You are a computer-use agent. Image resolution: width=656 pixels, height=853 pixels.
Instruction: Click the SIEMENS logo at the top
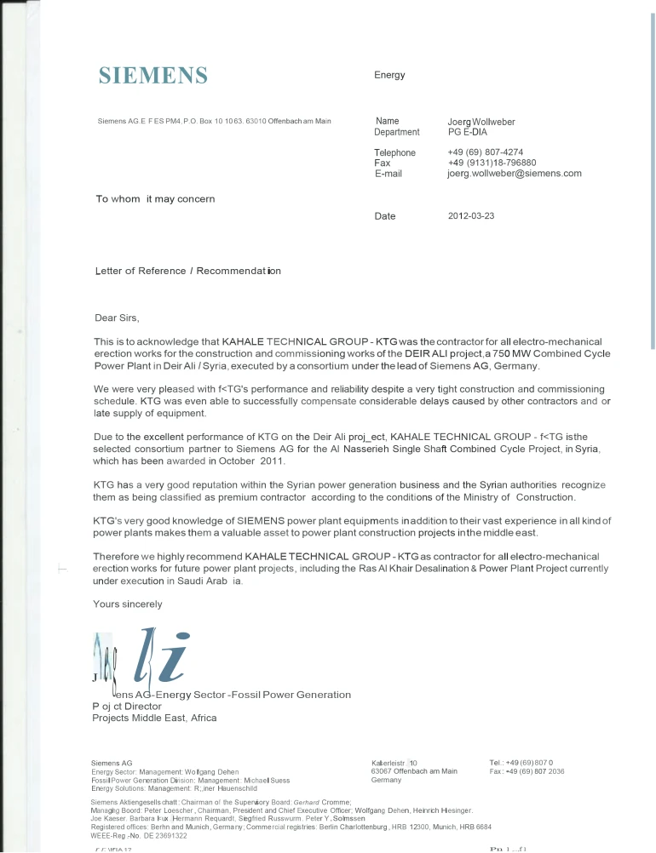153,75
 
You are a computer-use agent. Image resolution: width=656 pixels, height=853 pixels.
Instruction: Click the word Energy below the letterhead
389,75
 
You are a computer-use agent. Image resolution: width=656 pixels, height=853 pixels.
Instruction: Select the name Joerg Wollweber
481,122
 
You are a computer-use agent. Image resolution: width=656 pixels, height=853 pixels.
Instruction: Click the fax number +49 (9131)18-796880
492,163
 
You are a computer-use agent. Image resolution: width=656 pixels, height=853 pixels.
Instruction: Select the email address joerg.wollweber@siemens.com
514,173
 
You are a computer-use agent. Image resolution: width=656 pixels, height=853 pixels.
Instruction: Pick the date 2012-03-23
470,216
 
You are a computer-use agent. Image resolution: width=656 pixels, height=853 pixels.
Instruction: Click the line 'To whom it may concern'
155,199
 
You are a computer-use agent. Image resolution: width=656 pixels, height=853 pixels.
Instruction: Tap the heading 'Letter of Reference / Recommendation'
187,271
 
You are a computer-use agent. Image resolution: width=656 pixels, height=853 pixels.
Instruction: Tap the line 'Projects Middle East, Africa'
154,718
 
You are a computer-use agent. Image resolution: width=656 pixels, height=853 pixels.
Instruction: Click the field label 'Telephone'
394,152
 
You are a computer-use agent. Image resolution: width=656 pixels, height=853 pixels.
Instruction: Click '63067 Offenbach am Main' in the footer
415,771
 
